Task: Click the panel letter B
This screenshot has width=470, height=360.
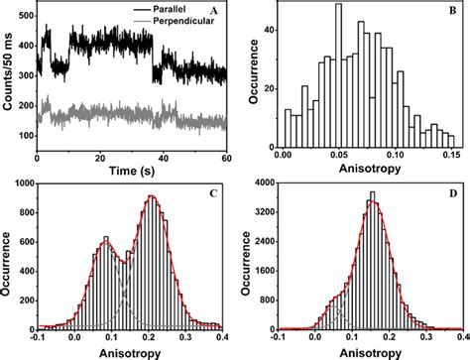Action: (x=452, y=13)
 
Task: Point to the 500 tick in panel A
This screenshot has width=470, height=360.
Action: (x=26, y=6)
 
